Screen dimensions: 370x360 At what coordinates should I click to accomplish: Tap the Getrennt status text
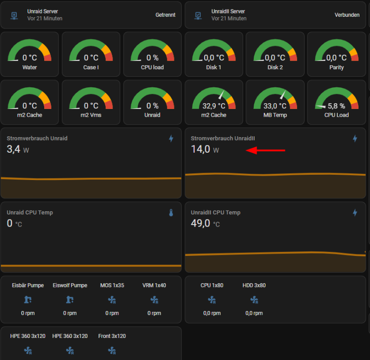click(165, 15)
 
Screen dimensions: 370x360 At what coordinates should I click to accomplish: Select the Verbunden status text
click(347, 15)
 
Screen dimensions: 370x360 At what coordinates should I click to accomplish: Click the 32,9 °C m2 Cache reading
click(214, 106)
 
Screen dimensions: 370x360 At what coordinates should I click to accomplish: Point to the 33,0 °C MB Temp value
click(275, 106)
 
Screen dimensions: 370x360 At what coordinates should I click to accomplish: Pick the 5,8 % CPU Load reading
click(336, 106)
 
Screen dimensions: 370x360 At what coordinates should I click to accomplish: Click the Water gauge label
click(29, 67)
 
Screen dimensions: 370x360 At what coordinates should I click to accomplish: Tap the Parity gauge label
click(336, 67)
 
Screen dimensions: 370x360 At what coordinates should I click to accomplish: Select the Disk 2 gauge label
click(275, 67)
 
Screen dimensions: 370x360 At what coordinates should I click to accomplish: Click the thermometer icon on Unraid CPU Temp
click(171, 213)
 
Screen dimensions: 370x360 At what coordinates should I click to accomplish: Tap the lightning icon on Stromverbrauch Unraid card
click(171, 139)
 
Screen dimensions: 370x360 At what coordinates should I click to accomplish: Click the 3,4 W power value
click(18, 149)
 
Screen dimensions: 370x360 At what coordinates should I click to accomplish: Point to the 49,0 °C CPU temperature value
click(205, 223)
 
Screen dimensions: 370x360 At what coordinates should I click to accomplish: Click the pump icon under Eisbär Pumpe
click(28, 300)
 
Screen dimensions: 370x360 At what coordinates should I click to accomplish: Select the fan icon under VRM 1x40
click(154, 300)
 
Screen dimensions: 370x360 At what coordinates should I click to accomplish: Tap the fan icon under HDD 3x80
click(254, 300)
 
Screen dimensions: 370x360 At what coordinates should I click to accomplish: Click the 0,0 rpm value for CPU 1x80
click(212, 313)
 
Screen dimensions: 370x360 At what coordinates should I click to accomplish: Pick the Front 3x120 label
click(112, 336)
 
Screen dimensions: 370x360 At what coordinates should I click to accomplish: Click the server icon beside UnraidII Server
click(198, 15)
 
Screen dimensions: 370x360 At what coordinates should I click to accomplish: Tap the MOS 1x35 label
click(112, 285)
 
